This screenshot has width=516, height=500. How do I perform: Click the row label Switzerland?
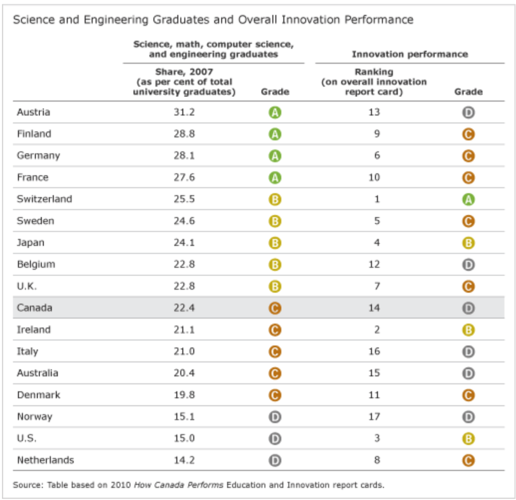click(44, 199)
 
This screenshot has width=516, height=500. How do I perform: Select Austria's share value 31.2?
click(184, 112)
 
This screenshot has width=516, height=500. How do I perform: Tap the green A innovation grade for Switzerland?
click(468, 200)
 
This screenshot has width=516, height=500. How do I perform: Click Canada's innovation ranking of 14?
click(374, 308)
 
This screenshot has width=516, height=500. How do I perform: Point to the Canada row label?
click(34, 308)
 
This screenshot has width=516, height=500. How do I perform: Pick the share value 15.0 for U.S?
click(184, 439)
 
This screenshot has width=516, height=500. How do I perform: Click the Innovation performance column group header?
click(409, 54)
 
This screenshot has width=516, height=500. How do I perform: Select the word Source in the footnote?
click(28, 485)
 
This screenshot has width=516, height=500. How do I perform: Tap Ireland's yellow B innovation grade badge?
click(468, 330)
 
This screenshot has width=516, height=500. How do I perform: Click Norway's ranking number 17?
click(374, 417)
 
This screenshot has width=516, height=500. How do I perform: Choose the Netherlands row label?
click(45, 460)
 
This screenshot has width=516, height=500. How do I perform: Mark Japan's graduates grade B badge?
click(275, 243)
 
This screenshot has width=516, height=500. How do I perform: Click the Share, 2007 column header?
click(184, 72)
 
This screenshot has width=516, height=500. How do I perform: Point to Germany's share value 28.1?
click(184, 156)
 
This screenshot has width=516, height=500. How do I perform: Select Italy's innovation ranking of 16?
click(374, 351)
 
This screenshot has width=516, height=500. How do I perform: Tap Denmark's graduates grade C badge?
click(275, 395)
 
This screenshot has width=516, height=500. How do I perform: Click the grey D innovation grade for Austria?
click(468, 112)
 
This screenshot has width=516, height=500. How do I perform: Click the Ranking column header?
click(374, 72)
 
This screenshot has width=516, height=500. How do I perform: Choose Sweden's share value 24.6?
click(184, 221)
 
